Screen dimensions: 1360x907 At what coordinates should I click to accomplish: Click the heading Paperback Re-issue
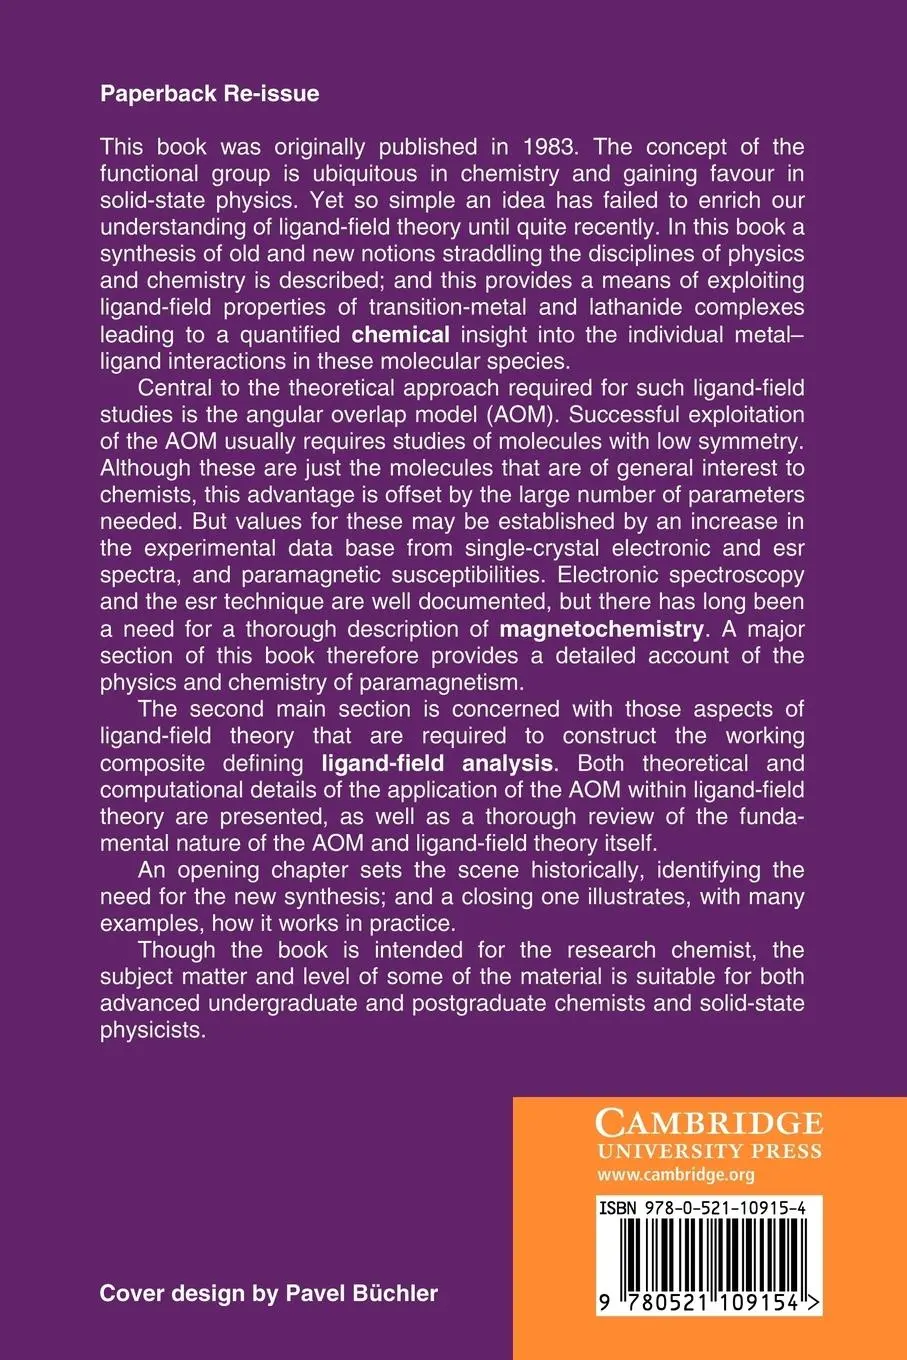pyautogui.click(x=209, y=94)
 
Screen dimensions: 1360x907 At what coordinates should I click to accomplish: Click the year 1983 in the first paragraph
pyautogui.click(x=549, y=147)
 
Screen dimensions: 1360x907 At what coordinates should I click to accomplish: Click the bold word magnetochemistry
pyautogui.click(x=601, y=629)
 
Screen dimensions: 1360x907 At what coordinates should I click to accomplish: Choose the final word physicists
pyautogui.click(x=152, y=1030)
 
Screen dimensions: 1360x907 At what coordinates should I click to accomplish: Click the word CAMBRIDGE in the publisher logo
pyautogui.click(x=709, y=1121)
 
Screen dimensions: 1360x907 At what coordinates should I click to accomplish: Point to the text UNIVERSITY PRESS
pyautogui.click(x=709, y=1151)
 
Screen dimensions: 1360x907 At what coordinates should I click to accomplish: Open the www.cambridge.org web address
pyautogui.click(x=675, y=1175)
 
